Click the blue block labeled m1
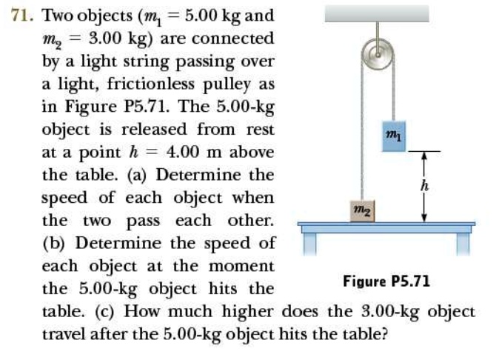(x=394, y=136)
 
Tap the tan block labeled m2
(x=363, y=211)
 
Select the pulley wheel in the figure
(x=378, y=54)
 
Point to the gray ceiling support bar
(x=377, y=14)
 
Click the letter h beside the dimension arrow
(x=424, y=185)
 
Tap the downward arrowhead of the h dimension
(x=424, y=218)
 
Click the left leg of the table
(x=309, y=244)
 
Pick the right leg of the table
(x=463, y=244)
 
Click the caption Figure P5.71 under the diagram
(x=386, y=281)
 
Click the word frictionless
(x=151, y=84)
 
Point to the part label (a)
(x=137, y=175)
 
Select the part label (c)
(x=105, y=312)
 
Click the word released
(x=154, y=129)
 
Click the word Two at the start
(x=58, y=16)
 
